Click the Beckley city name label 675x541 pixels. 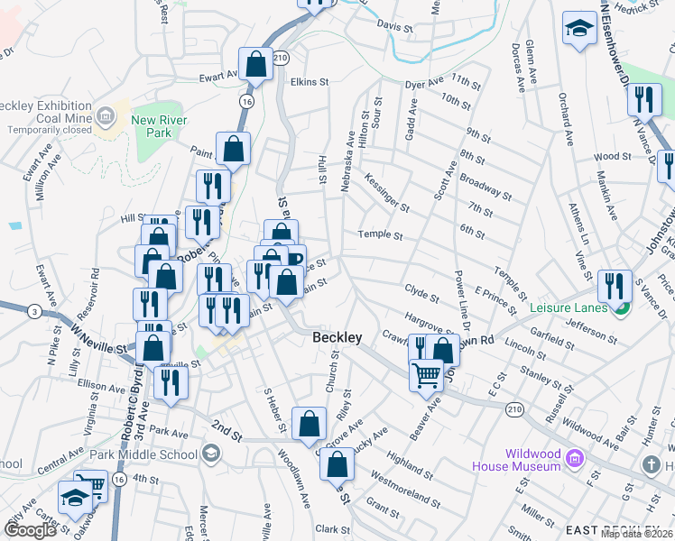coord(337,337)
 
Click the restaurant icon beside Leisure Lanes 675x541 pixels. coord(615,285)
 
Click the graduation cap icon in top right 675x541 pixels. coord(578,28)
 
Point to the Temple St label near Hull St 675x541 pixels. coord(380,235)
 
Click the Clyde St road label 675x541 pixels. coord(421,294)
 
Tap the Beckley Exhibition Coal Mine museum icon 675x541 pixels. coord(106,115)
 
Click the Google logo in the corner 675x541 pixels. coord(31,530)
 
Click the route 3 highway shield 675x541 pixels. coord(33,311)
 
